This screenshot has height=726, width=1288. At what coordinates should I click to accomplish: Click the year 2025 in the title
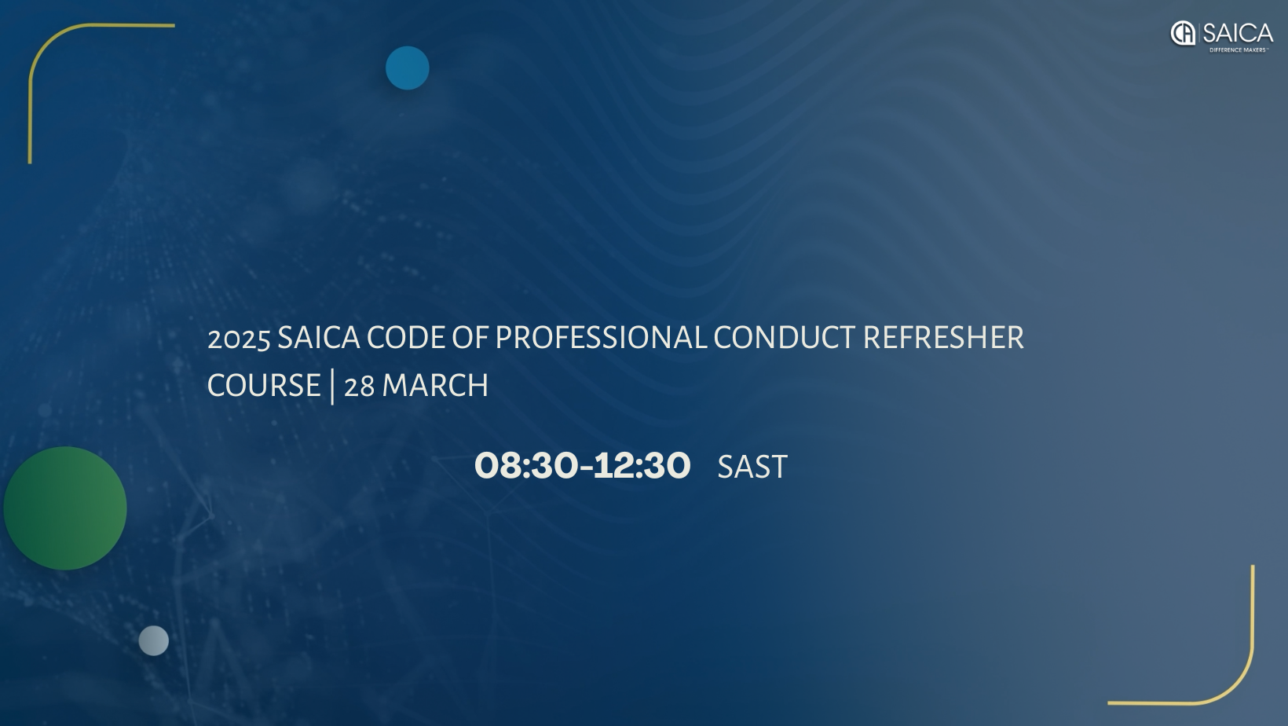point(239,339)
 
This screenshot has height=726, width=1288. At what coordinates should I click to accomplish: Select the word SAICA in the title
point(318,338)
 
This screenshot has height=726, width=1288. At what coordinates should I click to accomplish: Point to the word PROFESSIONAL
point(601,338)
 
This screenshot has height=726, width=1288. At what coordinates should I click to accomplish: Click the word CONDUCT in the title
point(784,338)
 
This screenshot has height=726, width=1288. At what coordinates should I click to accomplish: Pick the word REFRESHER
point(943,338)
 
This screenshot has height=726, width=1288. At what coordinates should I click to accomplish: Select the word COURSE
point(264,386)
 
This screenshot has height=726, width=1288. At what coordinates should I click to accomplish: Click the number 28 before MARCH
point(359,387)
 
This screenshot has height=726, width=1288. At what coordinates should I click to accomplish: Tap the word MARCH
point(435,386)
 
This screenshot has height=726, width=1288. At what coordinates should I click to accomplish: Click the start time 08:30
point(525,465)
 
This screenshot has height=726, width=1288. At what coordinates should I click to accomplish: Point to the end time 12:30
point(642,465)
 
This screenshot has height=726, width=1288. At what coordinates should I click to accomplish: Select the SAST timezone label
point(752,467)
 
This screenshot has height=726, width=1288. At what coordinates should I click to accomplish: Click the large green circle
point(65,508)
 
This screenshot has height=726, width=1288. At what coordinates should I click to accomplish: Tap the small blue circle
point(407,68)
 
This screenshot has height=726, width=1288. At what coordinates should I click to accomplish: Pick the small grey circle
point(154,640)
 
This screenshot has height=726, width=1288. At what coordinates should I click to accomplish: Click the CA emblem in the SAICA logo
point(1183,33)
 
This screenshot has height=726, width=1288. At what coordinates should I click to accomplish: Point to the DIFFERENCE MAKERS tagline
point(1239,50)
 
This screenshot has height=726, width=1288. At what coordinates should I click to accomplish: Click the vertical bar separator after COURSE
point(332,386)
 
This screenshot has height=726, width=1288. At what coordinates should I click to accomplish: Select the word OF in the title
point(470,338)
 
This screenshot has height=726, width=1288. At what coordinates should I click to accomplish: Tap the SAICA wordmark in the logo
point(1238,33)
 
